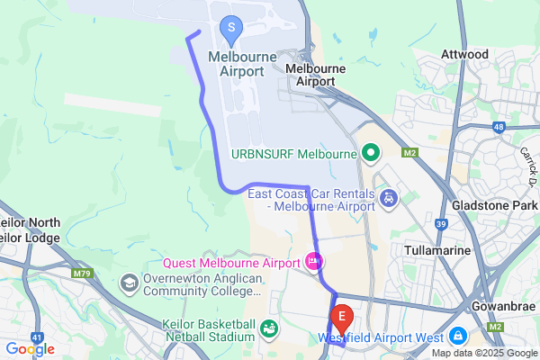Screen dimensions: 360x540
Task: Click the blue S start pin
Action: point(231,29)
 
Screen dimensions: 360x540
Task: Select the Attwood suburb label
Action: point(464,55)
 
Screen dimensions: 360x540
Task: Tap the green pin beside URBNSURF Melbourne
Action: point(369,153)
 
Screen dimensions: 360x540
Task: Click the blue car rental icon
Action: point(389,197)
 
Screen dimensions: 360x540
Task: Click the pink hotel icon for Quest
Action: point(313,263)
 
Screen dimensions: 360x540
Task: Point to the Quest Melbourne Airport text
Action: point(231,264)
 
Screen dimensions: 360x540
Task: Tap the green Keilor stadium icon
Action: point(269,330)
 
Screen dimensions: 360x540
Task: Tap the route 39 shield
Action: point(440,222)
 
